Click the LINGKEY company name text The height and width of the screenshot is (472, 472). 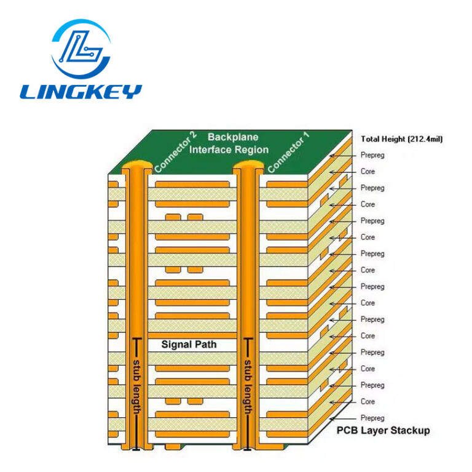[81, 92]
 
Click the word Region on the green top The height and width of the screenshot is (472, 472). [252, 150]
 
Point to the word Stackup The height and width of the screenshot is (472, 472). [407, 430]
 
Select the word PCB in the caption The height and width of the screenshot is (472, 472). [345, 430]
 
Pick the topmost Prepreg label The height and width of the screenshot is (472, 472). [372, 155]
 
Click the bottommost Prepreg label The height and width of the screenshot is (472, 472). [372, 418]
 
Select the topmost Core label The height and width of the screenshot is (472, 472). [368, 172]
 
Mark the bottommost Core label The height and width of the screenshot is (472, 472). [368, 401]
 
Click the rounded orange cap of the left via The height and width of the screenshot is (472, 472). [137, 166]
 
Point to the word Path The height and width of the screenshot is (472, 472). [206, 345]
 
